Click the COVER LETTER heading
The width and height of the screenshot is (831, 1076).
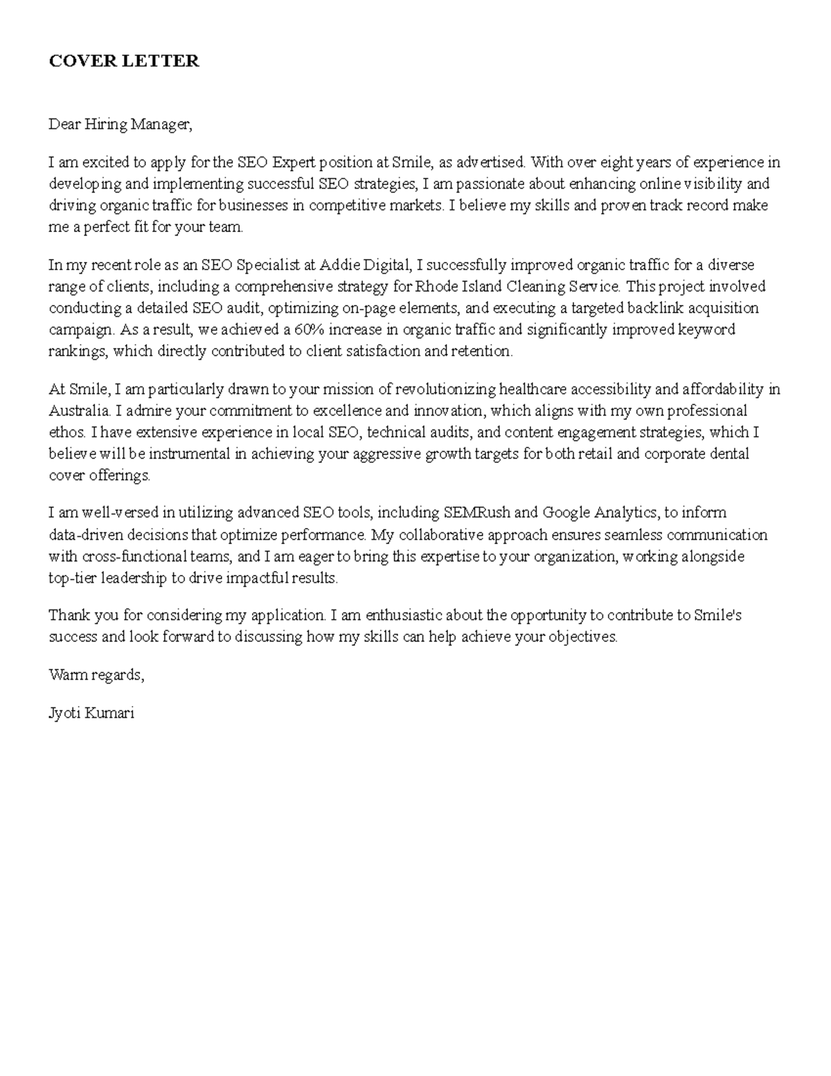pos(123,61)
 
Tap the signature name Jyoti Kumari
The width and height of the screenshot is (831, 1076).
pos(91,713)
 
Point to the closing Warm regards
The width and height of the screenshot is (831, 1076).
pos(96,675)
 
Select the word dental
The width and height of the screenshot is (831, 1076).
pos(730,454)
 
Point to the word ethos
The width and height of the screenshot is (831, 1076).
pos(67,432)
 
